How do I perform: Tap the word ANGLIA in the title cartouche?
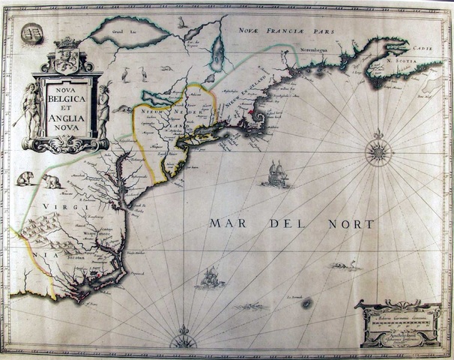[66, 117]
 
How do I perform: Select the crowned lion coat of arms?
[67, 55]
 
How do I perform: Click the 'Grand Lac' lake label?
[118, 33]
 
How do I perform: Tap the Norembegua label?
[315, 53]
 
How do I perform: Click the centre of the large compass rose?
[378, 153]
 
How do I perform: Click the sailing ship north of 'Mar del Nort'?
[275, 174]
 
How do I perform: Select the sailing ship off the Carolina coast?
[209, 277]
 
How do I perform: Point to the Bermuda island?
[306, 303]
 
